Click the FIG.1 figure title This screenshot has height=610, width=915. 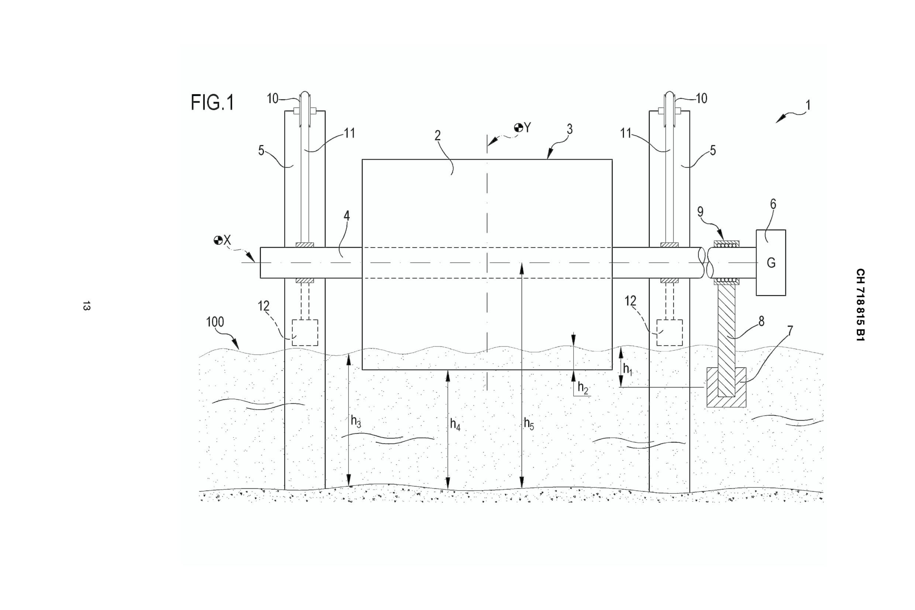click(212, 103)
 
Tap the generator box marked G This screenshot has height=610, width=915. click(770, 262)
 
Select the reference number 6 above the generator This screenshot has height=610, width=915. click(773, 204)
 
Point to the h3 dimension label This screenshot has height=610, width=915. click(356, 421)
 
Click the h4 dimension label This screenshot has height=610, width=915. click(455, 424)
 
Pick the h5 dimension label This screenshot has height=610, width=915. click(529, 423)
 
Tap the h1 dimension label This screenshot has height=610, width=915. click(627, 369)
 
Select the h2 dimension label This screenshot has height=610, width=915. click(582, 387)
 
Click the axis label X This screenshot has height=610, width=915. click(227, 240)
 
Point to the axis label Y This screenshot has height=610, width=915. click(527, 128)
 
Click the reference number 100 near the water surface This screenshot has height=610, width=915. click(215, 322)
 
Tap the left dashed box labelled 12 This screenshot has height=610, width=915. click(305, 333)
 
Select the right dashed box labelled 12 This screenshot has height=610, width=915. click(669, 333)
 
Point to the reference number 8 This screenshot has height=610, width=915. click(761, 321)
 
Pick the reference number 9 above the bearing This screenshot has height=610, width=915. click(700, 212)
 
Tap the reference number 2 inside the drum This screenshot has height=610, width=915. click(437, 136)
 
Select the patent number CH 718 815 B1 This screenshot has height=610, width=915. click(860, 305)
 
